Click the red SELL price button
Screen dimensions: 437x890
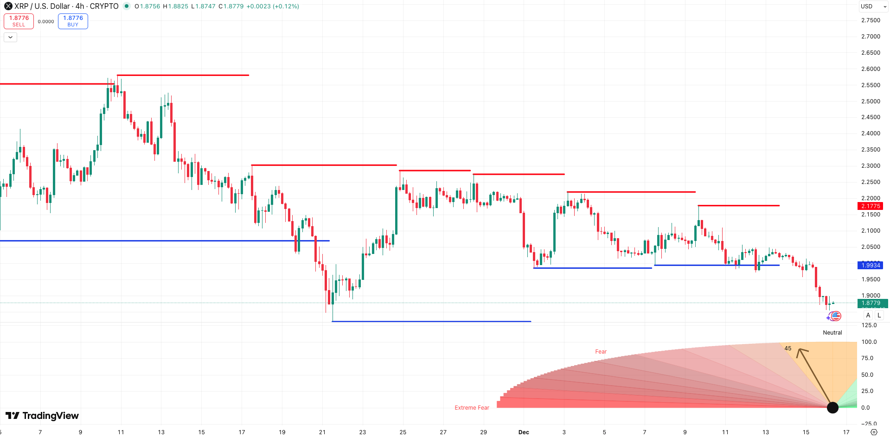pyautogui.click(x=19, y=21)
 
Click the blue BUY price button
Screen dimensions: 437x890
pyautogui.click(x=73, y=21)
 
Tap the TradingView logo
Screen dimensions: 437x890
pyautogui.click(x=42, y=416)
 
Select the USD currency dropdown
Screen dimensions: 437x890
pyautogui.click(x=873, y=6)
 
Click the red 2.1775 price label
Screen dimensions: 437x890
pyautogui.click(x=870, y=206)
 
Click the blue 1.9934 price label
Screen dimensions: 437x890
pyautogui.click(x=870, y=266)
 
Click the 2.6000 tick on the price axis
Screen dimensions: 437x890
pyautogui.click(x=870, y=69)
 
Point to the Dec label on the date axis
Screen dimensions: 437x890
pyautogui.click(x=524, y=432)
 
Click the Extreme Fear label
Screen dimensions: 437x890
pyautogui.click(x=472, y=408)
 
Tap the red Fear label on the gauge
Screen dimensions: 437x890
pyautogui.click(x=601, y=352)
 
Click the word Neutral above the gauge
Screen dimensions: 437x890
pyautogui.click(x=832, y=333)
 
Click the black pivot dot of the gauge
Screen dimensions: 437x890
pyautogui.click(x=832, y=408)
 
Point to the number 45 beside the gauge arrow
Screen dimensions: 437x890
pyautogui.click(x=788, y=348)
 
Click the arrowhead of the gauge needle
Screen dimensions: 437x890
pyautogui.click(x=800, y=351)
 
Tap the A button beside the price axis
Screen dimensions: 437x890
pyautogui.click(x=868, y=316)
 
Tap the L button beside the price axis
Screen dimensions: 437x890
pyautogui.click(x=879, y=316)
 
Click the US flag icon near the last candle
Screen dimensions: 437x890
pyautogui.click(x=836, y=316)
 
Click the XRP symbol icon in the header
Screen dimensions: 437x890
pyautogui.click(x=8, y=6)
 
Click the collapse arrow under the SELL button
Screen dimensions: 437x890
pyautogui.click(x=10, y=37)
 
